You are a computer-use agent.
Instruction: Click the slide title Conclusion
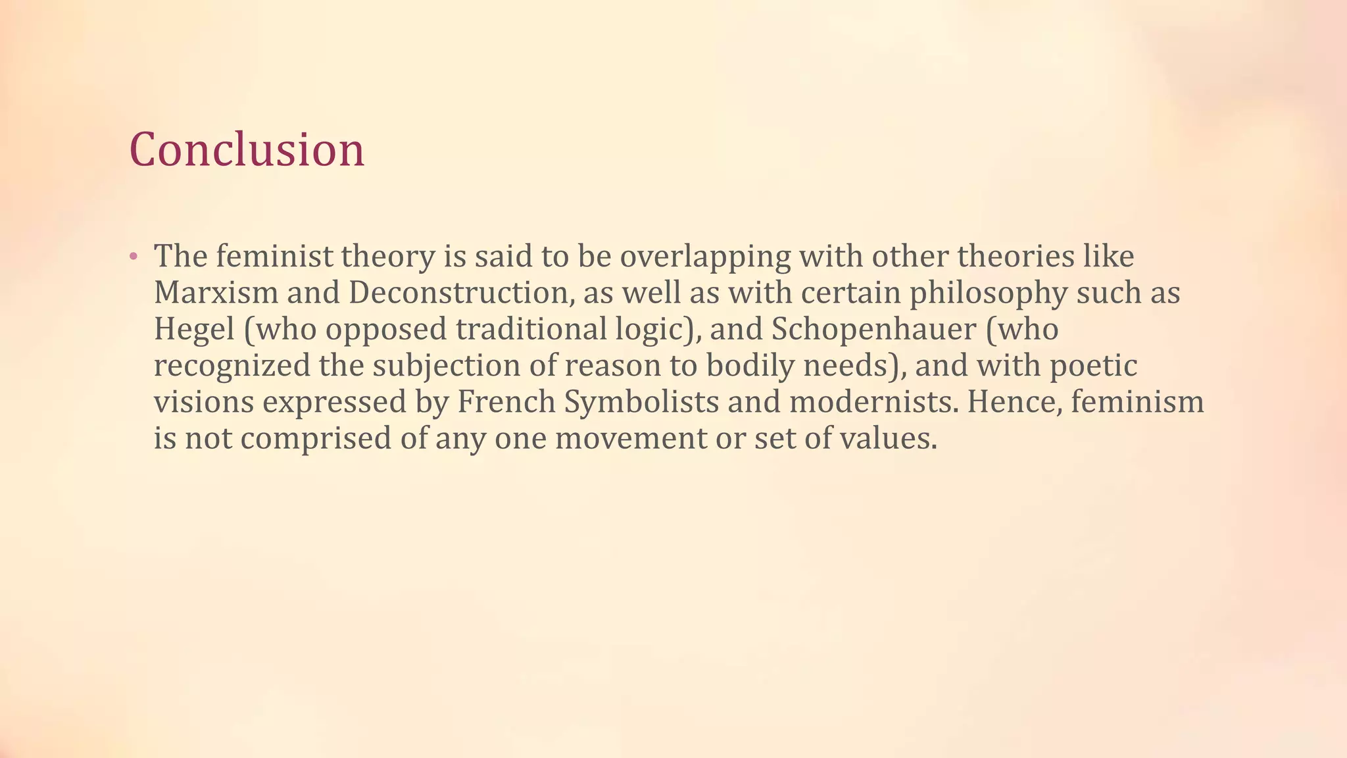[247, 149]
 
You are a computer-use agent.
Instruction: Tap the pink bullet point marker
[133, 256]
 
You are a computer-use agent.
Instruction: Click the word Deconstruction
[458, 293]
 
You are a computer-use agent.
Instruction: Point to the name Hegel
[194, 329]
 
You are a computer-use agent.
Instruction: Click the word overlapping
[705, 257]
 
